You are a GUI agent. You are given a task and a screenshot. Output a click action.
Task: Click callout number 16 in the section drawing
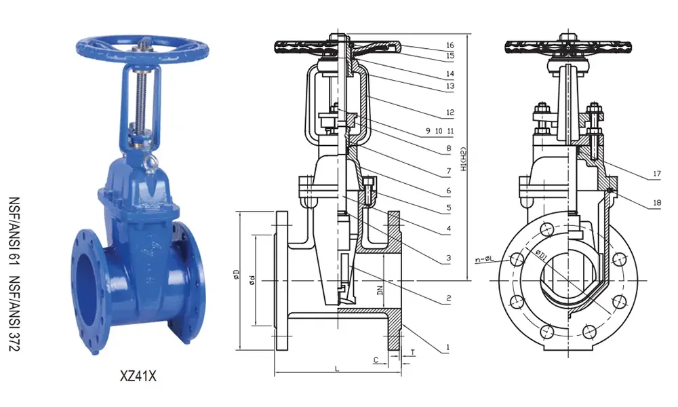click(450, 45)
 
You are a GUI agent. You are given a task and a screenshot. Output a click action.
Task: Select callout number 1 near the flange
click(448, 349)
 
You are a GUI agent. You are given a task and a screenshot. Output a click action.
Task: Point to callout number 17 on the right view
click(656, 174)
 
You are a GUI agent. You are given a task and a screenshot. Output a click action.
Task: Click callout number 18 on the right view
click(656, 202)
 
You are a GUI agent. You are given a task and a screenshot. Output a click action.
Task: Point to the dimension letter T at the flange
click(412, 352)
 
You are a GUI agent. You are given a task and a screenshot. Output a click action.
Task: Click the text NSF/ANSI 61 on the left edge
click(14, 224)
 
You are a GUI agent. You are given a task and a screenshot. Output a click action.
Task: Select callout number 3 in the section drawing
click(448, 258)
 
